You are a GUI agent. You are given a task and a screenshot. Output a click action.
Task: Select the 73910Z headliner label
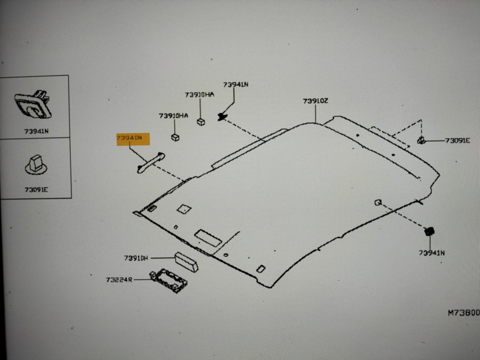tap(315, 101)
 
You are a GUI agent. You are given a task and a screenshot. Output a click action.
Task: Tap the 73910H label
tap(136, 258)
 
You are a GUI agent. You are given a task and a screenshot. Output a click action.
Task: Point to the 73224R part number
tap(119, 280)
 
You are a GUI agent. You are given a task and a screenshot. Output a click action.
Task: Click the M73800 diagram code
tap(463, 313)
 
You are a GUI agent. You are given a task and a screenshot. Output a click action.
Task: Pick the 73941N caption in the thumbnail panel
tap(37, 130)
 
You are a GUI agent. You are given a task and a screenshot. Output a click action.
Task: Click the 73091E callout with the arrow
tap(457, 141)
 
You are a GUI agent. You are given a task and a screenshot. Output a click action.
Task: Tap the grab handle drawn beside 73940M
tap(150, 162)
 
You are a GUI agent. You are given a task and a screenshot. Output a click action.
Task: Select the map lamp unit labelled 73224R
tap(169, 281)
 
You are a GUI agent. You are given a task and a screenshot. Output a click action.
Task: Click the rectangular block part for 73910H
tap(186, 262)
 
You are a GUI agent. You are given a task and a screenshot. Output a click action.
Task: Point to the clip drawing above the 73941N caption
tap(34, 104)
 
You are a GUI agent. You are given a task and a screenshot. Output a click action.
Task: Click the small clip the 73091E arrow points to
tap(421, 141)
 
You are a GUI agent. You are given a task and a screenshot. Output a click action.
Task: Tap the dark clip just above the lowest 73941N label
tap(430, 231)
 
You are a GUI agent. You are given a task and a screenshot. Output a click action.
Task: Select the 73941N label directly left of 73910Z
tap(236, 85)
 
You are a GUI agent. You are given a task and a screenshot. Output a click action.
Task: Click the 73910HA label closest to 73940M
tap(173, 116)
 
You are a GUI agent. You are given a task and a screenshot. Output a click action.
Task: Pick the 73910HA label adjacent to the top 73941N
tap(199, 95)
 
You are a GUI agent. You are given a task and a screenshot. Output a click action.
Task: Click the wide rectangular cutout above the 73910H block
tap(208, 238)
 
